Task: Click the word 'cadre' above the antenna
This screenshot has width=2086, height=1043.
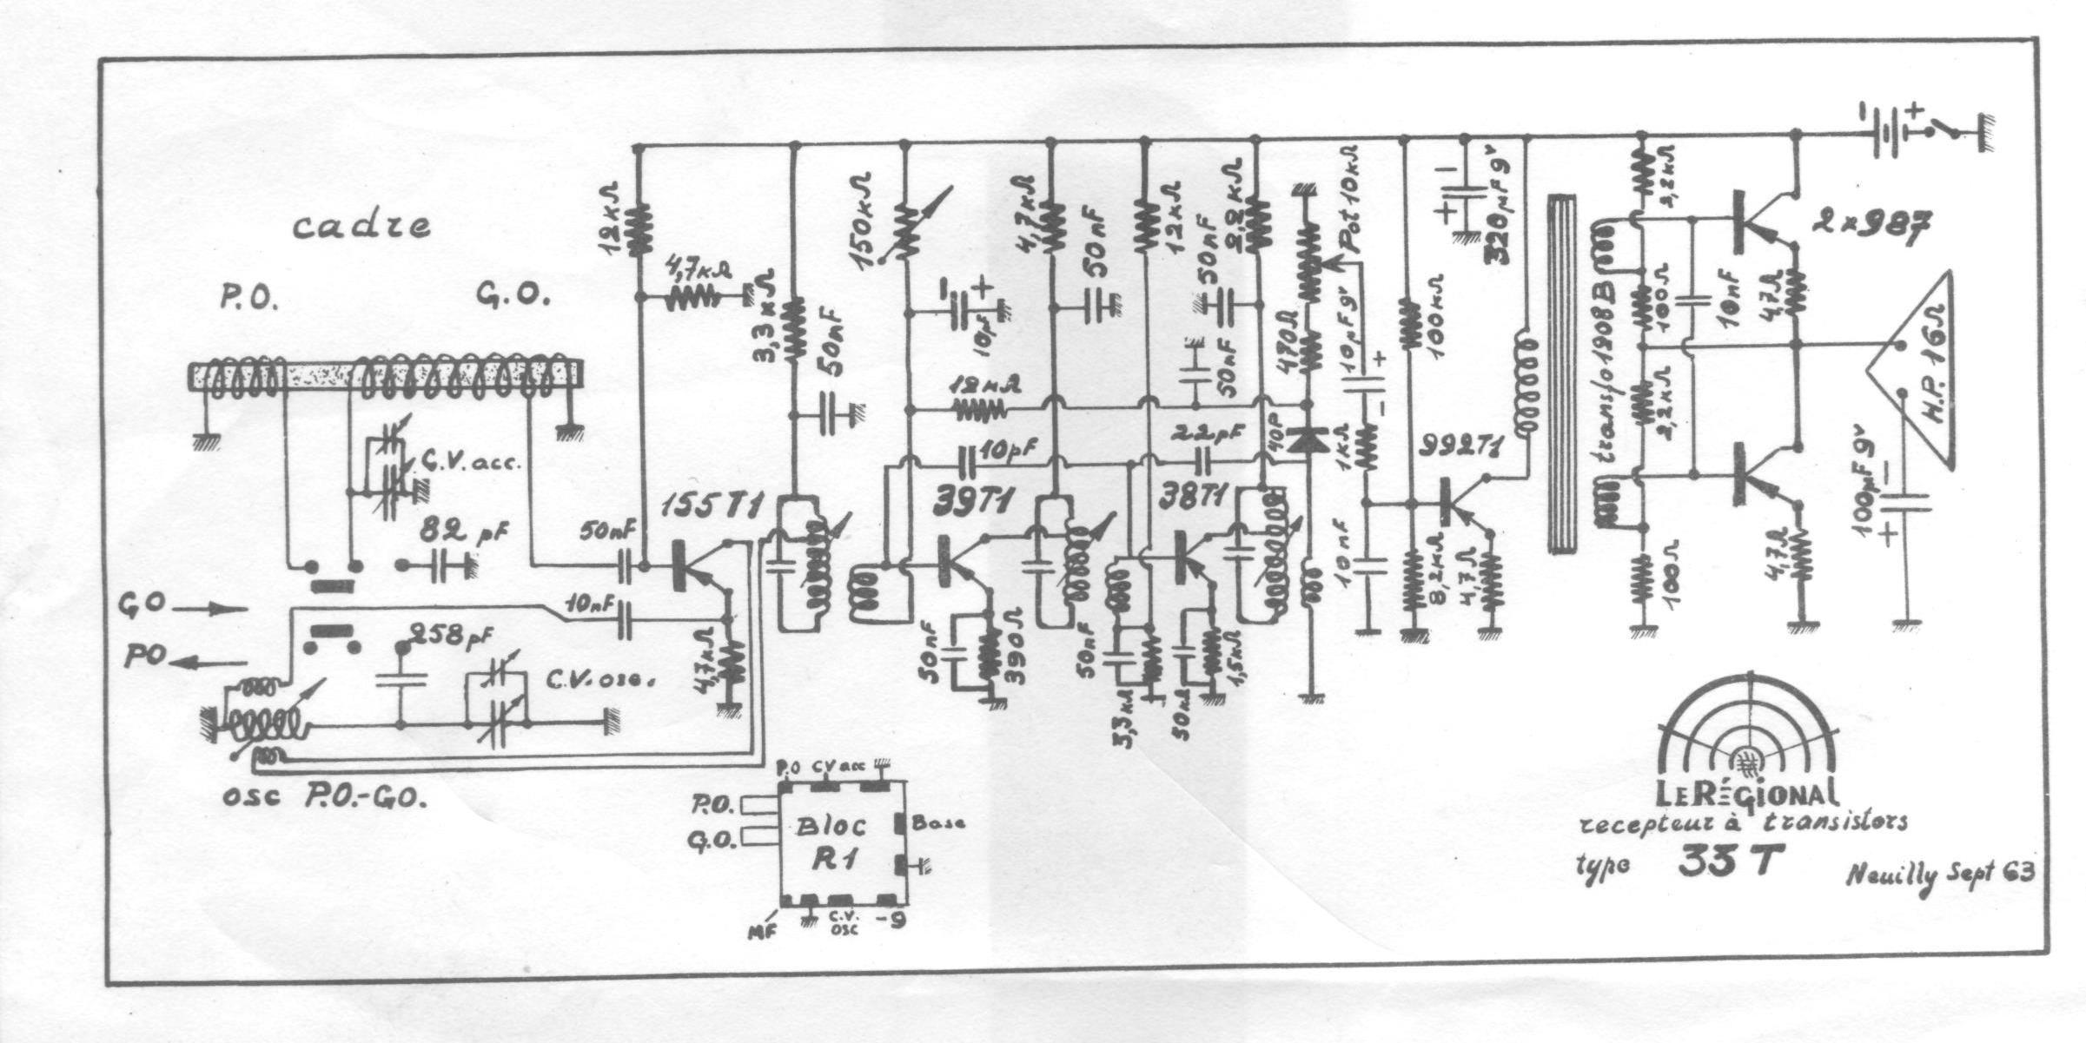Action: pyautogui.click(x=361, y=226)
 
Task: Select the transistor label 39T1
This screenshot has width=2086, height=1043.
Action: pyautogui.click(x=975, y=502)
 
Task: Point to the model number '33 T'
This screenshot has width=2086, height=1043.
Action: pyautogui.click(x=1725, y=862)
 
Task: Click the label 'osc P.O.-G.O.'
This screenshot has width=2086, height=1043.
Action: pyautogui.click(x=325, y=797)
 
